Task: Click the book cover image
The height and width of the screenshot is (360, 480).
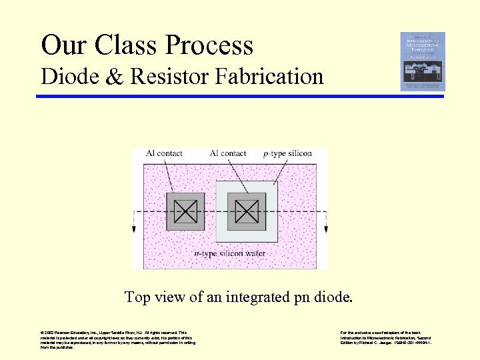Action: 423,61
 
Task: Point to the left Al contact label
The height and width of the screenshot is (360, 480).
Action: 163,153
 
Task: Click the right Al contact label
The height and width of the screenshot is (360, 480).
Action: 228,153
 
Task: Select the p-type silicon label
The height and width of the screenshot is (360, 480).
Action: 287,153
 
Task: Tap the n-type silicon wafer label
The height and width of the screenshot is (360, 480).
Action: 229,253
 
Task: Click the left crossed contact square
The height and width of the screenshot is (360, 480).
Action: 185,212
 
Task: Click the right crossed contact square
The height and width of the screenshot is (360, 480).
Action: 247,212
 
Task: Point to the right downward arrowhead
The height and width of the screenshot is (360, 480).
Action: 326,229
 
